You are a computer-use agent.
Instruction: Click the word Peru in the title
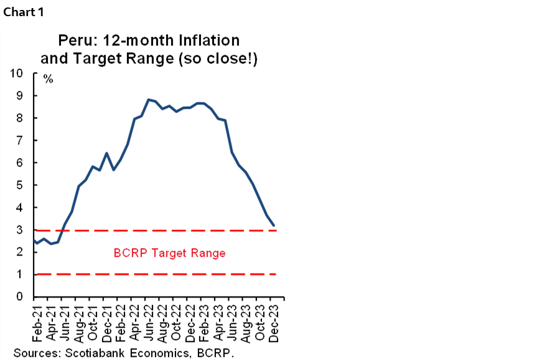point(75,41)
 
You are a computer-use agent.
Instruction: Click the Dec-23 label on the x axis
point(274,321)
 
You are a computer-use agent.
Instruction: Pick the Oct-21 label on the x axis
point(92,321)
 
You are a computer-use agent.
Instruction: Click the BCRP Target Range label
point(169,253)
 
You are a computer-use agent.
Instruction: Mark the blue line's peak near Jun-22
point(148,99)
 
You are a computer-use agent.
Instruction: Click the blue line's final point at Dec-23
point(274,225)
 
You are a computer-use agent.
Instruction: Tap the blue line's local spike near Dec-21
point(106,153)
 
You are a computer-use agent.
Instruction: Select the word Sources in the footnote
point(34,353)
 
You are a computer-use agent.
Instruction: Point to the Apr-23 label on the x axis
point(218,321)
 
